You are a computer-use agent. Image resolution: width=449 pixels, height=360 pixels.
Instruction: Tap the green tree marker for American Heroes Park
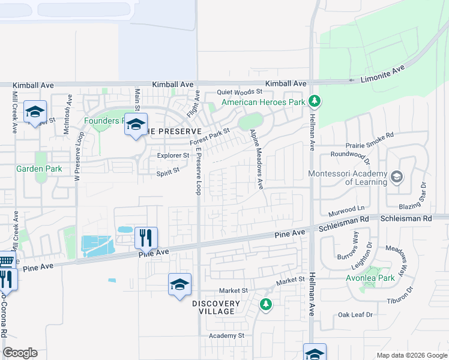[313, 101]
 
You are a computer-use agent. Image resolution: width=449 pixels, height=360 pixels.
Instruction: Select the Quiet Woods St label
[240, 92]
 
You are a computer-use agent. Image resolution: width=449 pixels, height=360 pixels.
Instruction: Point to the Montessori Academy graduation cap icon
[396, 176]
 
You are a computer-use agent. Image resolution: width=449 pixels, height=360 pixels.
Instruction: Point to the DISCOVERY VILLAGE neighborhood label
[217, 307]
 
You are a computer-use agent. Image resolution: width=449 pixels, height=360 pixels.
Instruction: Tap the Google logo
[20, 353]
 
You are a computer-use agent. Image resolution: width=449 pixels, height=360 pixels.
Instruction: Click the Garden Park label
[39, 169]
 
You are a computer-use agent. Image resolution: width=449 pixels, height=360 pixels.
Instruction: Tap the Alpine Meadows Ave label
[257, 159]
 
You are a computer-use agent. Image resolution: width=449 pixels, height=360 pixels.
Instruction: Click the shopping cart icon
[5, 262]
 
